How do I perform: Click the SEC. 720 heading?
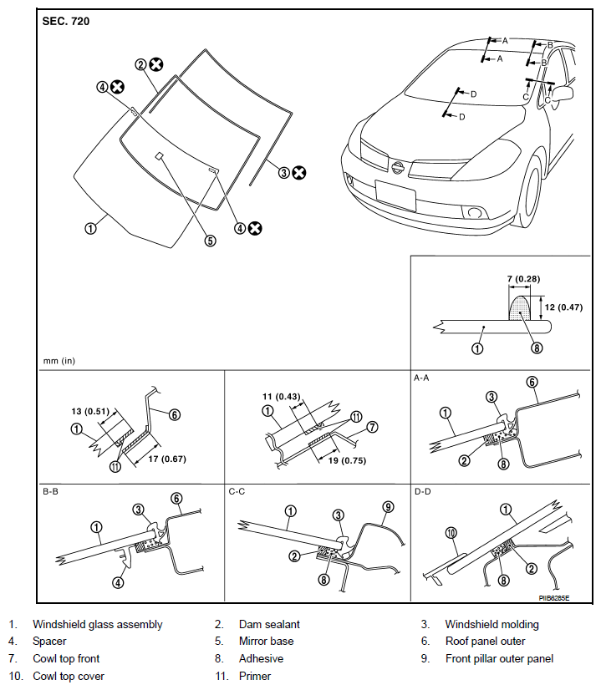click(65, 21)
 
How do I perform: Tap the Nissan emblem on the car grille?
click(398, 167)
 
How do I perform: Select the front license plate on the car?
click(395, 195)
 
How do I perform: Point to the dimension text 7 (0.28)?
click(523, 278)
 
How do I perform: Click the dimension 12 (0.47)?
click(563, 307)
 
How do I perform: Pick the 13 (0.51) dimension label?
click(89, 411)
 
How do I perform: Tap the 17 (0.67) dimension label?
click(167, 459)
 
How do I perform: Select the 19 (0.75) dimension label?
click(347, 460)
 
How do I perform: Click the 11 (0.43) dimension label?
click(282, 397)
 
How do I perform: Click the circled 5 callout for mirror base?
click(210, 241)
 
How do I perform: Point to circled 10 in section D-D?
click(451, 533)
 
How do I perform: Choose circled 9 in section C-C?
click(388, 507)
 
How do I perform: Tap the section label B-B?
click(50, 491)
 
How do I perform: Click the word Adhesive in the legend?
click(261, 658)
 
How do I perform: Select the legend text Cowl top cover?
click(69, 676)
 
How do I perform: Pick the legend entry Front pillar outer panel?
click(499, 658)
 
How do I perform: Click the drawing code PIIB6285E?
click(554, 598)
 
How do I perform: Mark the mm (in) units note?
click(59, 361)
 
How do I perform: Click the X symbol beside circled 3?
click(299, 172)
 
